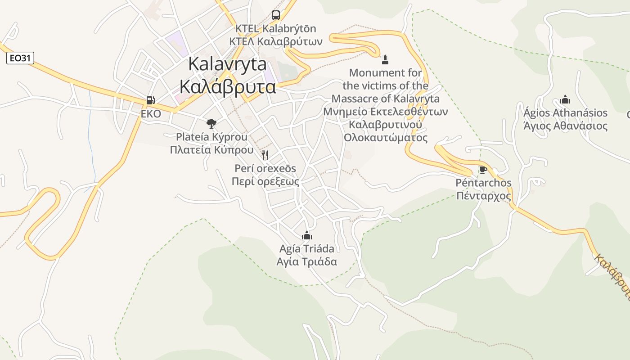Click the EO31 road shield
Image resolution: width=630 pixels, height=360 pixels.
(20, 58)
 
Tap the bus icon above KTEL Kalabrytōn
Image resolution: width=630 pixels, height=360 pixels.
(276, 15)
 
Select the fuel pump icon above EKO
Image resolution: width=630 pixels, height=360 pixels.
(151, 100)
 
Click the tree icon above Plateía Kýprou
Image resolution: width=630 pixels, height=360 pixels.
(211, 123)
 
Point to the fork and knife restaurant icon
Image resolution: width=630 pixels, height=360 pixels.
(265, 155)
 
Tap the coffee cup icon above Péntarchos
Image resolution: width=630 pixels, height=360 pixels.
(483, 170)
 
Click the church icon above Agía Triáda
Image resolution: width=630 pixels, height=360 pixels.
(307, 235)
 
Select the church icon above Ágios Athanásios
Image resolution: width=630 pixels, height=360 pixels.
(565, 99)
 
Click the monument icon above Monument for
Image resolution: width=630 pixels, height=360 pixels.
(385, 59)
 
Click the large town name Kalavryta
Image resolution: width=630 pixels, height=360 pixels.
(227, 64)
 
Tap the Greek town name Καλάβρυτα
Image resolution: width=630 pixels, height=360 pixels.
(227, 86)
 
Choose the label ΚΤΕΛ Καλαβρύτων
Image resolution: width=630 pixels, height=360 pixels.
(276, 42)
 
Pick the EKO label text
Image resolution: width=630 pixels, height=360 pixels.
(151, 114)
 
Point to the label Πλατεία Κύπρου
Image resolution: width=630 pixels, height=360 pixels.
(211, 150)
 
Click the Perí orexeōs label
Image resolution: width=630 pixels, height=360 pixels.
(265, 168)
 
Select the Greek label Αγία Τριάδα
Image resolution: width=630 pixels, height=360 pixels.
(307, 262)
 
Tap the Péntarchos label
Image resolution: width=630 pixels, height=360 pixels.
(484, 183)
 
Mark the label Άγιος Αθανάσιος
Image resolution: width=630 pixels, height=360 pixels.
(566, 126)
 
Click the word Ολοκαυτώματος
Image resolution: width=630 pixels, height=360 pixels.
(386, 138)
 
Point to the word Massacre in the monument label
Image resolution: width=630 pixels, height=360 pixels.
(355, 99)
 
